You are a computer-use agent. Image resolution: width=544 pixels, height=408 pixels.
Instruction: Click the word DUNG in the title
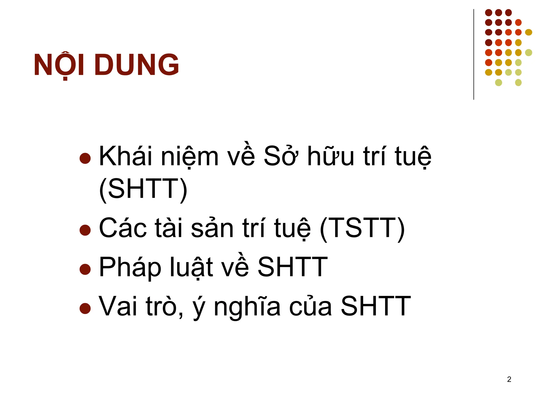click(137, 65)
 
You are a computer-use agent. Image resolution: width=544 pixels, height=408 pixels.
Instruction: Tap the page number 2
click(509, 379)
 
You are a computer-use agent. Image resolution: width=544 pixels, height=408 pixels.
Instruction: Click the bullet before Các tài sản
click(85, 230)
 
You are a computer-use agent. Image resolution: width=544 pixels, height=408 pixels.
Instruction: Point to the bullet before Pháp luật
click(85, 269)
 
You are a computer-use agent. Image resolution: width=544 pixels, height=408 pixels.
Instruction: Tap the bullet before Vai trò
click(85, 308)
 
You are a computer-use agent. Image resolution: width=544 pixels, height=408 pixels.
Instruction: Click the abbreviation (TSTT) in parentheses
click(362, 228)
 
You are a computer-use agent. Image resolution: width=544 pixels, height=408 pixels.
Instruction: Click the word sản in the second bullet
click(212, 228)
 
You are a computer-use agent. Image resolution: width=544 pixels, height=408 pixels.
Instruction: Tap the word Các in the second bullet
click(122, 228)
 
